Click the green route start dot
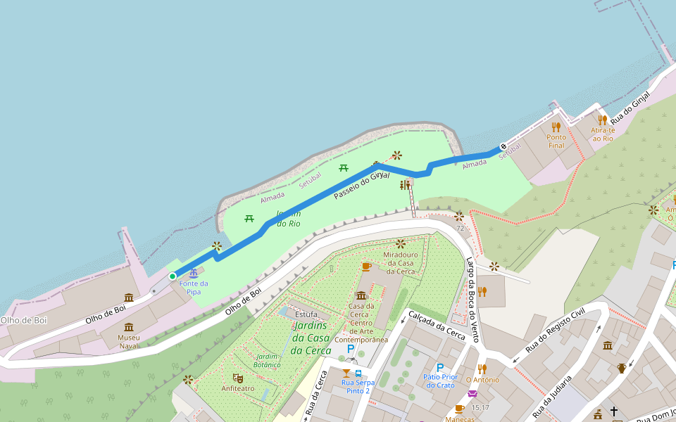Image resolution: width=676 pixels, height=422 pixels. (x=173, y=276)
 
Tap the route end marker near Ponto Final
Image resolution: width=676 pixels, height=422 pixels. (x=503, y=147)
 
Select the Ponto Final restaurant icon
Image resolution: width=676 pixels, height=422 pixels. (x=556, y=127)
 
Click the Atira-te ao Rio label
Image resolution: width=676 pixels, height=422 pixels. (x=603, y=134)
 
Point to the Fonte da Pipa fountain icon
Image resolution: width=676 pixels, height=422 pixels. (x=194, y=273)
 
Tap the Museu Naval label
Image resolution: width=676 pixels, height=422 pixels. (x=129, y=342)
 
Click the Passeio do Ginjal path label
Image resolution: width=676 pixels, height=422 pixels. (x=361, y=184)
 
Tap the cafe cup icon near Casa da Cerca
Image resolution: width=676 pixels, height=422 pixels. (x=365, y=267)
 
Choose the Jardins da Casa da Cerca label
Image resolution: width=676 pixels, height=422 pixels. (x=310, y=338)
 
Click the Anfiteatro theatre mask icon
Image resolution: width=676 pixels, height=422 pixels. (x=238, y=378)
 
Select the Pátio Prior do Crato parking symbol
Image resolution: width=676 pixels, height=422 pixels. (x=440, y=367)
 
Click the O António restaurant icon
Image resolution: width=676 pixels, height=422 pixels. (x=482, y=369)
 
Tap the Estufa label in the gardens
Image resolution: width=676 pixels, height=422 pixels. (x=306, y=314)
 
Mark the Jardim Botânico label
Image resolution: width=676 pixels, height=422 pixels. (x=268, y=361)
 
